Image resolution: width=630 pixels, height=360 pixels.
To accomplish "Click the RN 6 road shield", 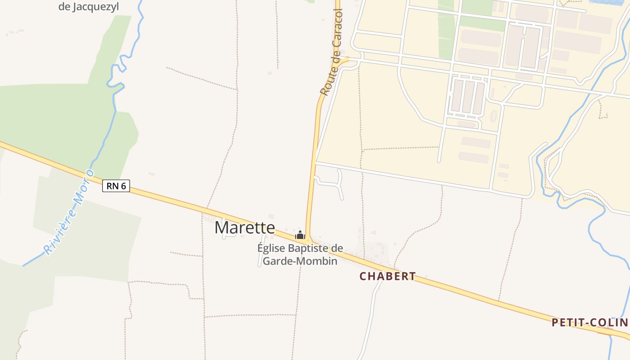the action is [x=116, y=185].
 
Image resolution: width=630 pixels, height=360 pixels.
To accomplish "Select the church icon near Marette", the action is [x=300, y=235].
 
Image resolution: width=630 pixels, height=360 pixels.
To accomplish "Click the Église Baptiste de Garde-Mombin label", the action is [x=300, y=254].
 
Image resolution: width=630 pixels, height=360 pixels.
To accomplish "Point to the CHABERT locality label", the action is [x=387, y=276].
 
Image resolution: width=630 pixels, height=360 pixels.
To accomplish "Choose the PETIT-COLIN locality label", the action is [x=589, y=322].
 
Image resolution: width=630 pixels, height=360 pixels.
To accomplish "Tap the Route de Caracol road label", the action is [x=332, y=52].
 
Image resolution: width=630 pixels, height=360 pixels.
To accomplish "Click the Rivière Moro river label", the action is [x=68, y=212].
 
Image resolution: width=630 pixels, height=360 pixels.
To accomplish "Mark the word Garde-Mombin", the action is [x=300, y=261].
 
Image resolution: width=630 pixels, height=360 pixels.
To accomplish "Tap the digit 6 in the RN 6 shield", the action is [x=123, y=185].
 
